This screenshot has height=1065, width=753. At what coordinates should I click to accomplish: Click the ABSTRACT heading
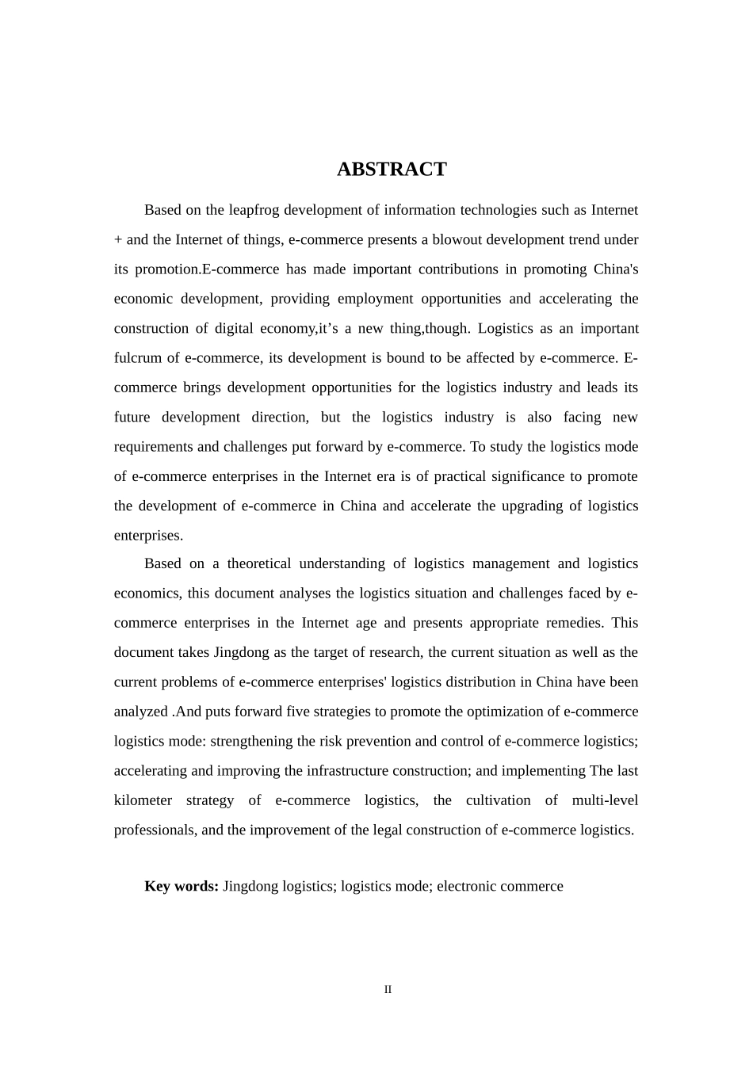point(392,170)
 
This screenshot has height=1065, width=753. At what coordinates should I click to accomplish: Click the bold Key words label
point(182,886)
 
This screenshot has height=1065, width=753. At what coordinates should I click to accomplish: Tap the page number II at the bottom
point(388,990)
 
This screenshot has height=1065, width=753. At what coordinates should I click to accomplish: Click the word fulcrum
point(136,358)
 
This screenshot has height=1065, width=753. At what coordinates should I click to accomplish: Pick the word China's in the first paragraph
point(616,269)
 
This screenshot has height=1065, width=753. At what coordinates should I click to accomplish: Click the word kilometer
point(143,800)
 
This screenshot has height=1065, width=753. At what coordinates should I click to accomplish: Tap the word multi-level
point(605,800)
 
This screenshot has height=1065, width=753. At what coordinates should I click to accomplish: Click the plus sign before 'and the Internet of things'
point(118,240)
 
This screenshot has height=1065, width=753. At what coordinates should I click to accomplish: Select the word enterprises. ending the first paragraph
point(148,536)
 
